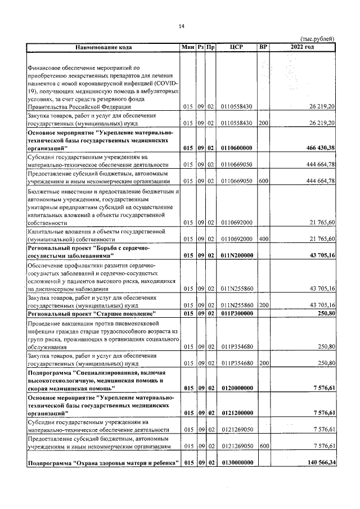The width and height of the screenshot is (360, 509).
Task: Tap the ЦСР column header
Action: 236,47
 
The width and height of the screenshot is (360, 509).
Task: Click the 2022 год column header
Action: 302,47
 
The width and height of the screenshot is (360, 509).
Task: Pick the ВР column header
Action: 263,47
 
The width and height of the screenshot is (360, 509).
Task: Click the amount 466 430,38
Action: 318,147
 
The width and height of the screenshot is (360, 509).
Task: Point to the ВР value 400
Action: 263,239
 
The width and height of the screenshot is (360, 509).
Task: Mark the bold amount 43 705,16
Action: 318,255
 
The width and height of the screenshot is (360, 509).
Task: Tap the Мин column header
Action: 187,47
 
